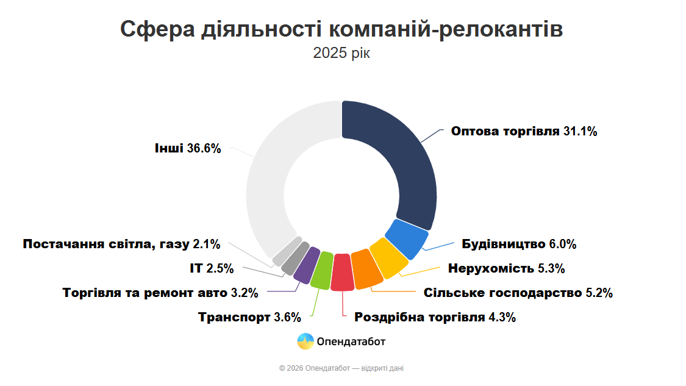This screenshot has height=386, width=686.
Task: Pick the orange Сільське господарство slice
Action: pyautogui.click(x=366, y=270)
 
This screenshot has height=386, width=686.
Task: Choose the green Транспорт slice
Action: pyautogui.click(x=321, y=270)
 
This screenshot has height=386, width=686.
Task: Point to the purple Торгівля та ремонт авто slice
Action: pyautogui.click(x=305, y=265)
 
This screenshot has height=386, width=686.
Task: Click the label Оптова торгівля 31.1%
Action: pyautogui.click(x=524, y=132)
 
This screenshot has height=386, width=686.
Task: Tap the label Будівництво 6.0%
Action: pyautogui.click(x=518, y=245)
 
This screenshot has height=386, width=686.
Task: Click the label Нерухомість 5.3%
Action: pyautogui.click(x=506, y=268)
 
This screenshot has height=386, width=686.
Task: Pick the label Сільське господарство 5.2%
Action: pyautogui.click(x=518, y=293)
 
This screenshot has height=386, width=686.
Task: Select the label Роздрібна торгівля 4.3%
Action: pyautogui.click(x=435, y=317)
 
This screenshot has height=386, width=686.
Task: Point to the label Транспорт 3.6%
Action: pyautogui.click(x=250, y=317)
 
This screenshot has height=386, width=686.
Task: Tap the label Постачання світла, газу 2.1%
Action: pyautogui.click(x=121, y=245)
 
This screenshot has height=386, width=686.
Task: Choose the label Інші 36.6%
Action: pyautogui.click(x=187, y=148)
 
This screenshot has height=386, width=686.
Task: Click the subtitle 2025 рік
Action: pyautogui.click(x=341, y=53)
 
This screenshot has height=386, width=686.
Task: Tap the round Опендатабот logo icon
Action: pyautogui.click(x=305, y=341)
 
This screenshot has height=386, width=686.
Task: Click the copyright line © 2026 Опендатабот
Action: pyautogui.click(x=341, y=368)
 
